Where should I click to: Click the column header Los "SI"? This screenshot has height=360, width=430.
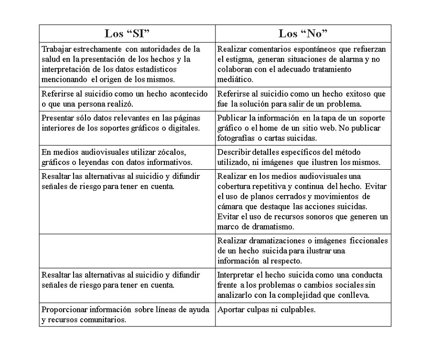(x=127, y=33)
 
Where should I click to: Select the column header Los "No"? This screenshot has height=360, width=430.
(x=303, y=33)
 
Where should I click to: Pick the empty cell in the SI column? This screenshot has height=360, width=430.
(x=127, y=251)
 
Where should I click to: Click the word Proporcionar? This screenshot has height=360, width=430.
(x=63, y=309)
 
